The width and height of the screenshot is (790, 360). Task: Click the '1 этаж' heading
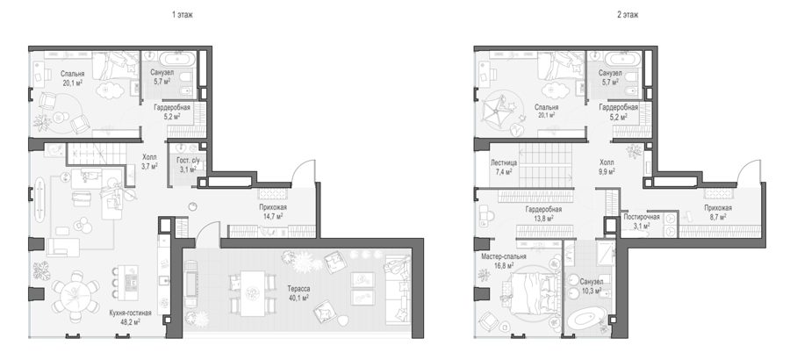pyautogui.click(x=183, y=15)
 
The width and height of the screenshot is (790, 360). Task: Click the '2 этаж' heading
pyautogui.click(x=628, y=15)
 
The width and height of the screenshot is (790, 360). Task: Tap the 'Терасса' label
pyautogui.click(x=298, y=289)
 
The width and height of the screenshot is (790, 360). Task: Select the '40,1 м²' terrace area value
pyautogui.click(x=298, y=298)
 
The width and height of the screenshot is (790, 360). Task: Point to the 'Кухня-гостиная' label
pyautogui.click(x=131, y=313)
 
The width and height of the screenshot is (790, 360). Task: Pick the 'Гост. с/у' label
pyautogui.click(x=188, y=161)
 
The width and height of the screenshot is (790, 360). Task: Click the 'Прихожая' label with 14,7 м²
pyautogui.click(x=273, y=207)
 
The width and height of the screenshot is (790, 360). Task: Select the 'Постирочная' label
pyautogui.click(x=642, y=217)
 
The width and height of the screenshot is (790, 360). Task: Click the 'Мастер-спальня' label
pyautogui.click(x=504, y=256)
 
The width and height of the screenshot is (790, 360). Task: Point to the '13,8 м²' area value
pyautogui.click(x=543, y=218)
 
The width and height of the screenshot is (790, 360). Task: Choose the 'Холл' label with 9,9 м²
pyautogui.click(x=607, y=162)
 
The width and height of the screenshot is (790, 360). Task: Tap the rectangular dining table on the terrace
pyautogui.click(x=253, y=293)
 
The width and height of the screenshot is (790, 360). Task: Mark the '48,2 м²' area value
pyautogui.click(x=131, y=321)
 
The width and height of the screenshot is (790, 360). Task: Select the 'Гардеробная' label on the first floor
pyautogui.click(x=172, y=107)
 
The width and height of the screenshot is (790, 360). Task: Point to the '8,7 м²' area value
pyautogui.click(x=717, y=217)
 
